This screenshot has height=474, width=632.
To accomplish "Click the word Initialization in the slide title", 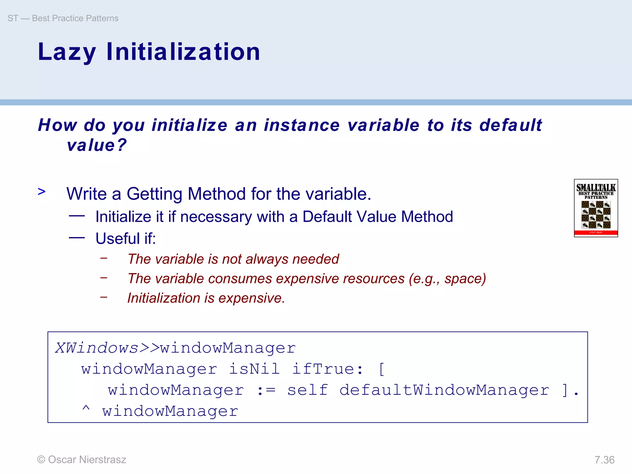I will click(183, 52).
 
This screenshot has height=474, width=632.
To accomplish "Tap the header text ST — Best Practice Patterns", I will click(63, 18).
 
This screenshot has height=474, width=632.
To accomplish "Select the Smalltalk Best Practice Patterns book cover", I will click(596, 208).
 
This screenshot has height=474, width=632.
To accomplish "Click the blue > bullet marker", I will click(42, 192).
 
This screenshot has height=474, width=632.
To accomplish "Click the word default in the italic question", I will click(510, 125).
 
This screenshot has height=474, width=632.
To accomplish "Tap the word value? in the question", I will click(97, 145).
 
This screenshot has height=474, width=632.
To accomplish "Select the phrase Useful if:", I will click(126, 239).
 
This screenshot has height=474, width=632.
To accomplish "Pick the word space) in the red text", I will click(465, 279).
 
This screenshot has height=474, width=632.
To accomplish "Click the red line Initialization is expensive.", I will click(206, 298).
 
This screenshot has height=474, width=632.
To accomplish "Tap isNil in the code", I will click(254, 369).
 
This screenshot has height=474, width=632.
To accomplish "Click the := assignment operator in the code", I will click(266, 390).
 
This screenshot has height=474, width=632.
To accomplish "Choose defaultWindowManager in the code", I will click(444, 390).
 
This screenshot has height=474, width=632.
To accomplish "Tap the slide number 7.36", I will click(604, 460).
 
